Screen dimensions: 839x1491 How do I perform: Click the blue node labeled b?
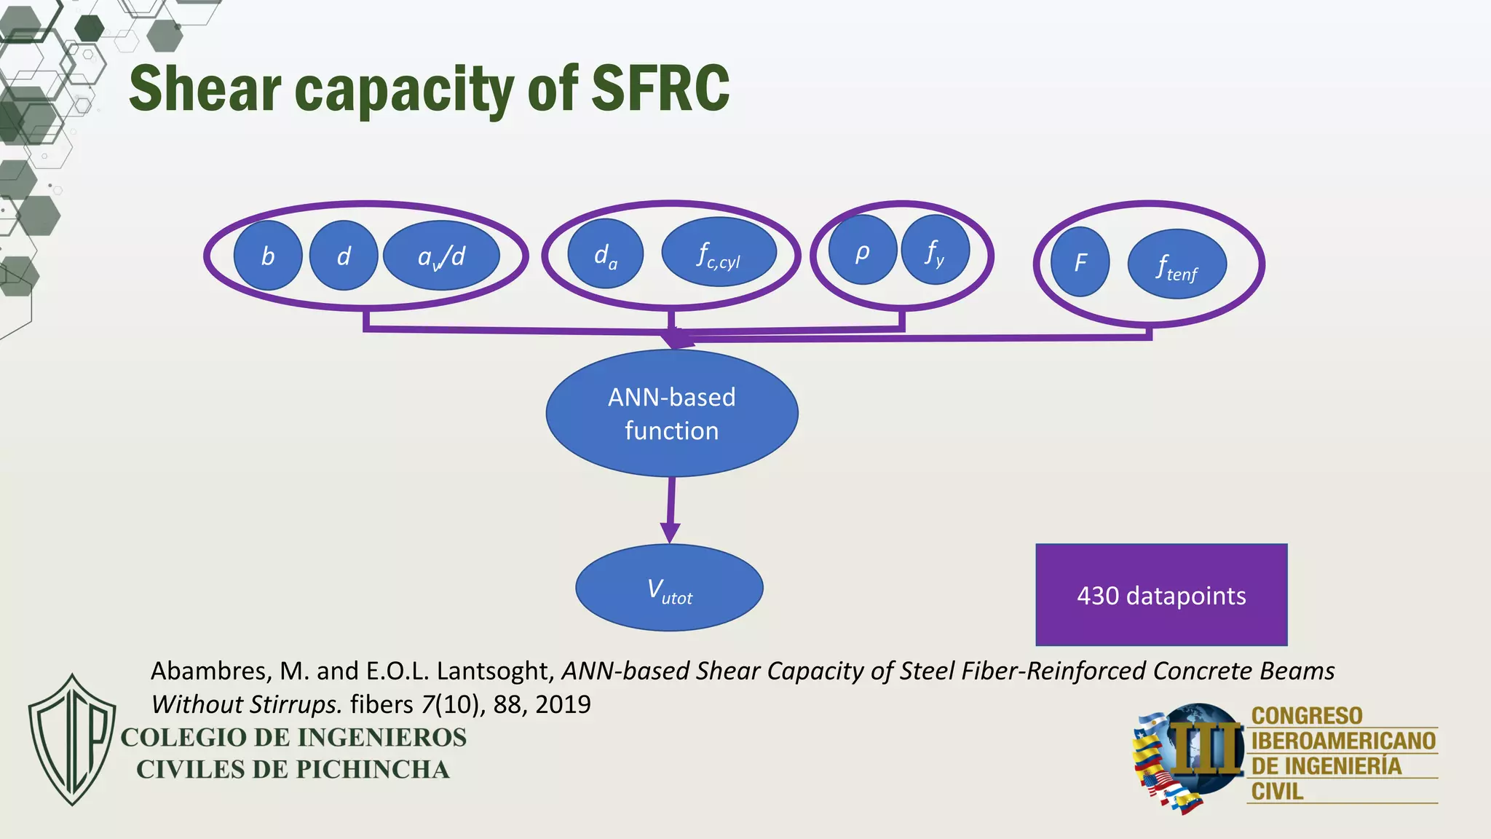[x=268, y=256]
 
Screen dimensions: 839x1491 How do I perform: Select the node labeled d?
[x=344, y=256]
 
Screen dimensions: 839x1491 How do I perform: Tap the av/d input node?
[x=441, y=256]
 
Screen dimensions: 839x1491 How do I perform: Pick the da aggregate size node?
[x=605, y=253]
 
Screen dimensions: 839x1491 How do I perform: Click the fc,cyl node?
[x=719, y=252]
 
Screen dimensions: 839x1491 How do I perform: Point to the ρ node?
[x=862, y=250]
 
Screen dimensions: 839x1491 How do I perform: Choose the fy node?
[x=935, y=250]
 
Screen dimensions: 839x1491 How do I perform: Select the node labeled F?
[x=1080, y=261]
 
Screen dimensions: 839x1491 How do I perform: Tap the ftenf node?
[x=1176, y=264]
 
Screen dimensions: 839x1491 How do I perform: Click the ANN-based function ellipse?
[x=671, y=413]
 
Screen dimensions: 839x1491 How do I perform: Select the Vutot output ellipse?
[x=669, y=588]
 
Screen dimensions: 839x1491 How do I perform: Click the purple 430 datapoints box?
[x=1161, y=595]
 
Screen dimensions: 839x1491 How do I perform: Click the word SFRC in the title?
[x=660, y=88]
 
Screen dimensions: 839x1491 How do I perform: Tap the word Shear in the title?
[x=205, y=88]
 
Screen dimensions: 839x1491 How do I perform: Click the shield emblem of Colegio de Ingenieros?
[x=72, y=739]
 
